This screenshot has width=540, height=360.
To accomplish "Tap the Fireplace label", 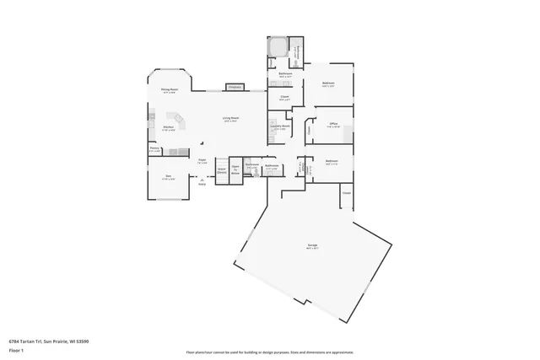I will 235,86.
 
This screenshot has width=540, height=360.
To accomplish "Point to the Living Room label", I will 229,118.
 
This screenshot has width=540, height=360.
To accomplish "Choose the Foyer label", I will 202,159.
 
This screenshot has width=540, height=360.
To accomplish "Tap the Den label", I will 168,175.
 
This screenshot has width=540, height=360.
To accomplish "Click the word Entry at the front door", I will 202,183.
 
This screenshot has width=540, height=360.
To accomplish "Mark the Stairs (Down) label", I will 221,170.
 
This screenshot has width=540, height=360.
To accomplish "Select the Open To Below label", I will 236,169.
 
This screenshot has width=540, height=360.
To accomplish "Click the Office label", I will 333,124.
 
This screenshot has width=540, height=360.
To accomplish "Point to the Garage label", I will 312,246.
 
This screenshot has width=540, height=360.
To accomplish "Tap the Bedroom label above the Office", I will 328,83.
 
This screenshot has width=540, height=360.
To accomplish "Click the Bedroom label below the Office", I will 332,160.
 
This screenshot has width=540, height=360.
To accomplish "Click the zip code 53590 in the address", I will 82,341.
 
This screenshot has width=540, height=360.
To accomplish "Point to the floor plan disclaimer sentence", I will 269,352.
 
